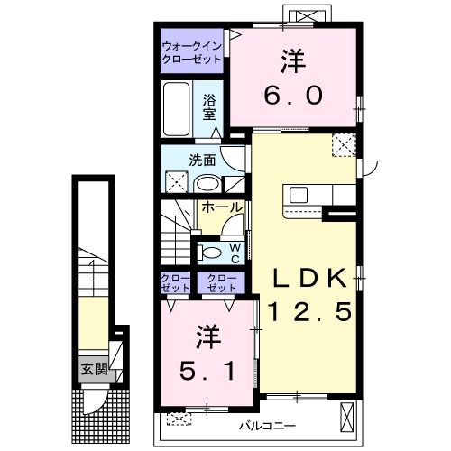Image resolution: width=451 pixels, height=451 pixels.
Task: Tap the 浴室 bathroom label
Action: pyautogui.click(x=208, y=106)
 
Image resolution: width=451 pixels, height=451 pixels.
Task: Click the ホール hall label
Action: pyautogui.click(x=220, y=207)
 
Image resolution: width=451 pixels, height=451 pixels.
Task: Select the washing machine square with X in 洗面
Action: pyautogui.click(x=177, y=182)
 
